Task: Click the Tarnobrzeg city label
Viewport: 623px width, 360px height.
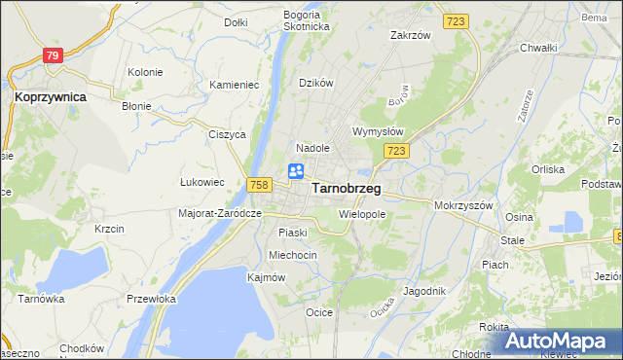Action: coord(346,189)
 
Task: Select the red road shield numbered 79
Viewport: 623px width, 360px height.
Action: coord(53,56)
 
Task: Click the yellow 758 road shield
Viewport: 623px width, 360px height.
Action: coord(258,184)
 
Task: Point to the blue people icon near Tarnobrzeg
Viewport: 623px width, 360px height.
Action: coord(296,171)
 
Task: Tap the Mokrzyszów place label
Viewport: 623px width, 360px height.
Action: coord(466,206)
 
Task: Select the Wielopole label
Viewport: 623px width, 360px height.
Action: coord(362,213)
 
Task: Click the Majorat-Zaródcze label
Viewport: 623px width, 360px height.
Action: coord(221,213)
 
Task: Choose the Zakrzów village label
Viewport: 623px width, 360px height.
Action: coord(410,35)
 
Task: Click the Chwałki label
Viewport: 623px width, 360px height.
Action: coord(537,47)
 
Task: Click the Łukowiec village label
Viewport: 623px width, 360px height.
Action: coord(202,182)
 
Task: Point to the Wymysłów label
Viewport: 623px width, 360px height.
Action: coord(377,131)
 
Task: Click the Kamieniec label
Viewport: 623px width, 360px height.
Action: coord(234,85)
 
